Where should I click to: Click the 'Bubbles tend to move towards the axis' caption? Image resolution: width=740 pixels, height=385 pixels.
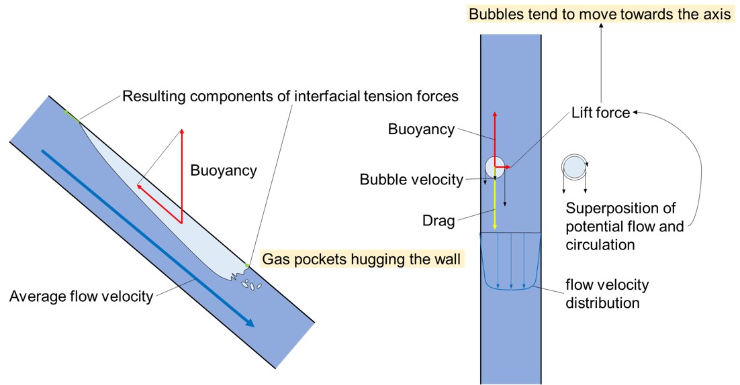coord(600,14)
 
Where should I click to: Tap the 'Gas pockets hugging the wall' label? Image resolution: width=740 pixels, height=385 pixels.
coord(363,259)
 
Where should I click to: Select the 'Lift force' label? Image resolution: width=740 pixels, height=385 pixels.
coord(600,113)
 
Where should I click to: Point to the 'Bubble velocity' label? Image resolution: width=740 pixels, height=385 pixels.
coord(411,179)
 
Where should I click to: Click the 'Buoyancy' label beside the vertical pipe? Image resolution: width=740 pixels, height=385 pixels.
coord(421,129)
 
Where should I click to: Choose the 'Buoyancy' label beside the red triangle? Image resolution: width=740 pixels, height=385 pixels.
coord(224,170)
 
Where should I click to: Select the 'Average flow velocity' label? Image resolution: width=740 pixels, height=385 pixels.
coord(81,296)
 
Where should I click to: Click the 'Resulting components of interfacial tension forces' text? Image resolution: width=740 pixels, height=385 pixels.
coord(290,97)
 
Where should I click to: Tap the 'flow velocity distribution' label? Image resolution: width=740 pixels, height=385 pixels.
coord(606,294)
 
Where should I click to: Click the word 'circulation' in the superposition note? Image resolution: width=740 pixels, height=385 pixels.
coord(600,245)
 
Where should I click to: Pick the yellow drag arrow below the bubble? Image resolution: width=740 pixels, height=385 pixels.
coord(495,205)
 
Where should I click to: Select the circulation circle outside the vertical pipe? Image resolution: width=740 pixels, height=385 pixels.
coord(573,166)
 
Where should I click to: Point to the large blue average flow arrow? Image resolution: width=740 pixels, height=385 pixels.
coord(148,238)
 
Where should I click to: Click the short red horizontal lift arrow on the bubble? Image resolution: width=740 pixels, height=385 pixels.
coord(504,166)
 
